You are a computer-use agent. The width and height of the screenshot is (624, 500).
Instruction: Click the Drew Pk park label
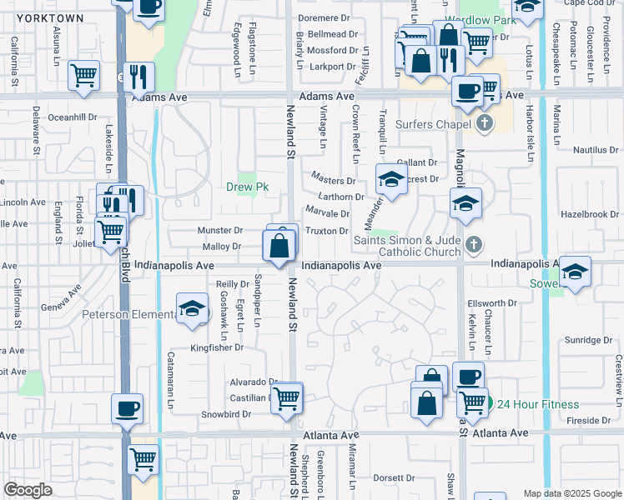(x=246, y=187)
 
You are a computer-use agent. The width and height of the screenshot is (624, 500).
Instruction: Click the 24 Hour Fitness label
(x=538, y=405)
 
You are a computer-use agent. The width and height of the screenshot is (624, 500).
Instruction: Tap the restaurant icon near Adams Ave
(x=138, y=77)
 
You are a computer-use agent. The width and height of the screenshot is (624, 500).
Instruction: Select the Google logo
(x=28, y=490)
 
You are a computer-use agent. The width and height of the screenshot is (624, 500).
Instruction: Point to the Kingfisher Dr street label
(x=214, y=347)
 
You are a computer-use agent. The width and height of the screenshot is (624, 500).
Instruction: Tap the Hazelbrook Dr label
(x=590, y=214)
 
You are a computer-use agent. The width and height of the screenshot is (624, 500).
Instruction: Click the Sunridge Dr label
(x=589, y=340)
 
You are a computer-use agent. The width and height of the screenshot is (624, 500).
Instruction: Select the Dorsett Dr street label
(x=394, y=477)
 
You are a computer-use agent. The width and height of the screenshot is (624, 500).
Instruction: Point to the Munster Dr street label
(x=219, y=230)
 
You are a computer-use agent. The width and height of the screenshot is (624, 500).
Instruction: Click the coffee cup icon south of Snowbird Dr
(x=128, y=409)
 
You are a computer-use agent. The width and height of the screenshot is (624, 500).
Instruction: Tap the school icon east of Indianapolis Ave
(x=575, y=272)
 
